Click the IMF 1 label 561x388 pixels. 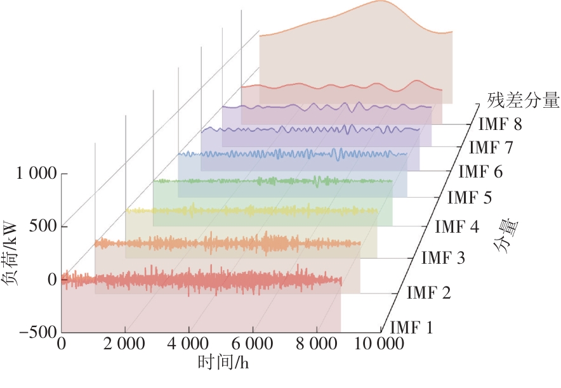[411, 328]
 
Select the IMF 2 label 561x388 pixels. [428, 293]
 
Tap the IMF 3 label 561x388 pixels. [443, 259]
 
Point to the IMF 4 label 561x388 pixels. [457, 226]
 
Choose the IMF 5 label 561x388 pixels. [469, 197]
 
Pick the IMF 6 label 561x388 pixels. [480, 171]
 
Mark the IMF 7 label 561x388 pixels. [491, 148]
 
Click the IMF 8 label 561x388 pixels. [501, 124]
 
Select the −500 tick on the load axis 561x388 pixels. [37, 332]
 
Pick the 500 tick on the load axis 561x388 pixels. [43, 226]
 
